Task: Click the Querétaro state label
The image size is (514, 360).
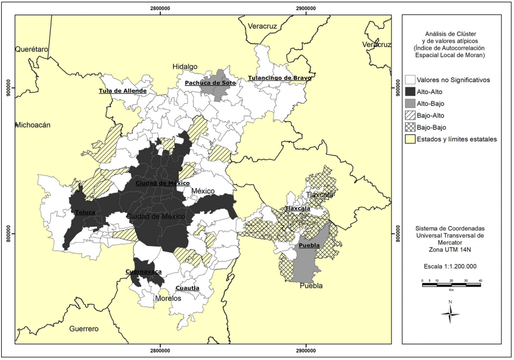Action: (32, 50)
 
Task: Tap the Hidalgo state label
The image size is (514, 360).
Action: (185, 67)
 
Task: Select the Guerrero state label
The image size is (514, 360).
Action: (84, 328)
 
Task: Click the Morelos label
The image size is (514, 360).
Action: (168, 298)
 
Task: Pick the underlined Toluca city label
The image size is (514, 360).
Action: (85, 212)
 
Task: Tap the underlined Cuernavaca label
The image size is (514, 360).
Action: (143, 271)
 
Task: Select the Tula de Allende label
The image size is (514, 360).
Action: (122, 91)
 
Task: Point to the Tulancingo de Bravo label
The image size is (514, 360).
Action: (279, 78)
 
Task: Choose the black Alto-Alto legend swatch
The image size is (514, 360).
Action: (410, 91)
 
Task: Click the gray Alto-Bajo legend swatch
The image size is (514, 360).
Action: (410, 103)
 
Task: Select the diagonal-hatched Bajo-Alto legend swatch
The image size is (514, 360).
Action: (410, 115)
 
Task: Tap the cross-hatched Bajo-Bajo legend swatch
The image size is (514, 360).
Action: (410, 127)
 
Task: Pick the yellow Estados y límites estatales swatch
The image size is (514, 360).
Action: (410, 139)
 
